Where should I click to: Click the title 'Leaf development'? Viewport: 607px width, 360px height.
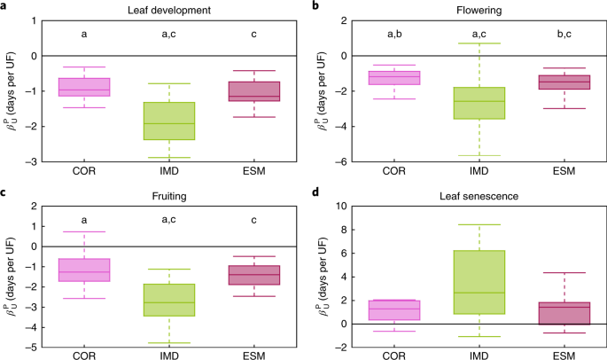pos(168,8)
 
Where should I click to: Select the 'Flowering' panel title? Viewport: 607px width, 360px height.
pos(470,8)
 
